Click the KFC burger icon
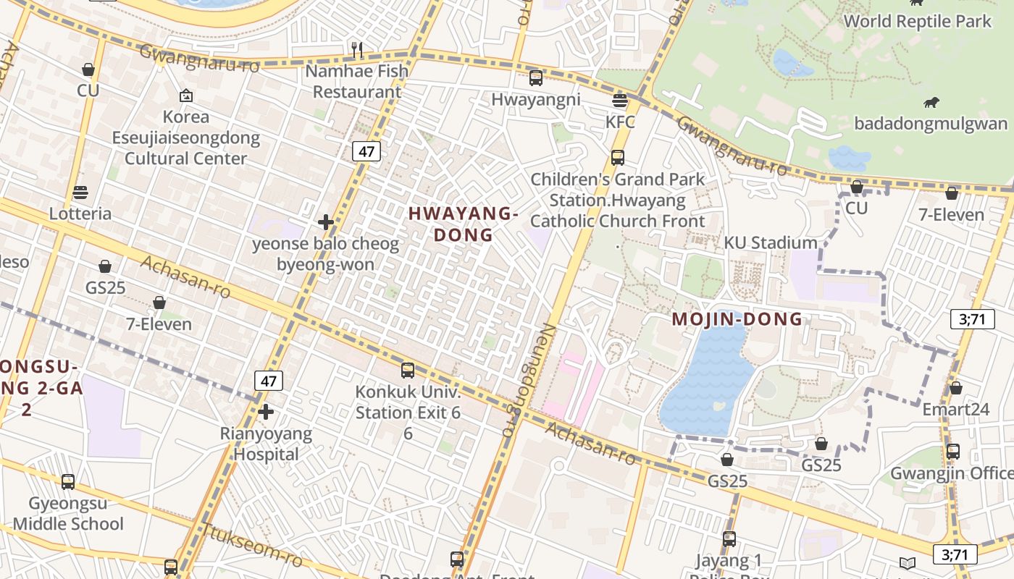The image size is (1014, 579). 619,101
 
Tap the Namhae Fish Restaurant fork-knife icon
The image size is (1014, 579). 356,49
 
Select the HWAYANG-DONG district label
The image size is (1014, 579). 464,224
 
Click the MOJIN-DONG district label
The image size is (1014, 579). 737,318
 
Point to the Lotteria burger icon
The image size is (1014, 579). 80,193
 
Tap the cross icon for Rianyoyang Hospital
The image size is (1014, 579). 266,412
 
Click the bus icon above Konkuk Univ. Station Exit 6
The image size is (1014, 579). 408,371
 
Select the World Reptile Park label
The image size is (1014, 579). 917,21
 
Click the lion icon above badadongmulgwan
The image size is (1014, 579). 931,103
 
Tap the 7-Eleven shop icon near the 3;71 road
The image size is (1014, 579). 952,193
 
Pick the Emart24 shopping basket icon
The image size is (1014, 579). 955,388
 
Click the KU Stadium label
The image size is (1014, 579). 771,242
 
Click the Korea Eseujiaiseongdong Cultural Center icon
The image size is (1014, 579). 185,96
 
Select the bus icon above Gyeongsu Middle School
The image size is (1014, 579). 68,481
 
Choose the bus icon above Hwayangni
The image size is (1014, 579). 536,78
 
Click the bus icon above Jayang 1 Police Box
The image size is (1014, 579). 729,539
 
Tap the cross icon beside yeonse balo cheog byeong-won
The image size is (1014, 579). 326,222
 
